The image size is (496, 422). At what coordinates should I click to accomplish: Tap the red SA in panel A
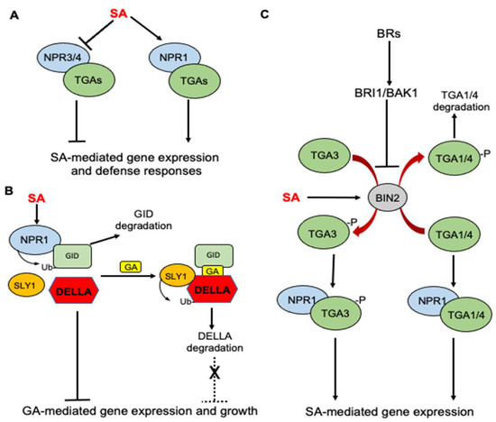click(117, 14)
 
